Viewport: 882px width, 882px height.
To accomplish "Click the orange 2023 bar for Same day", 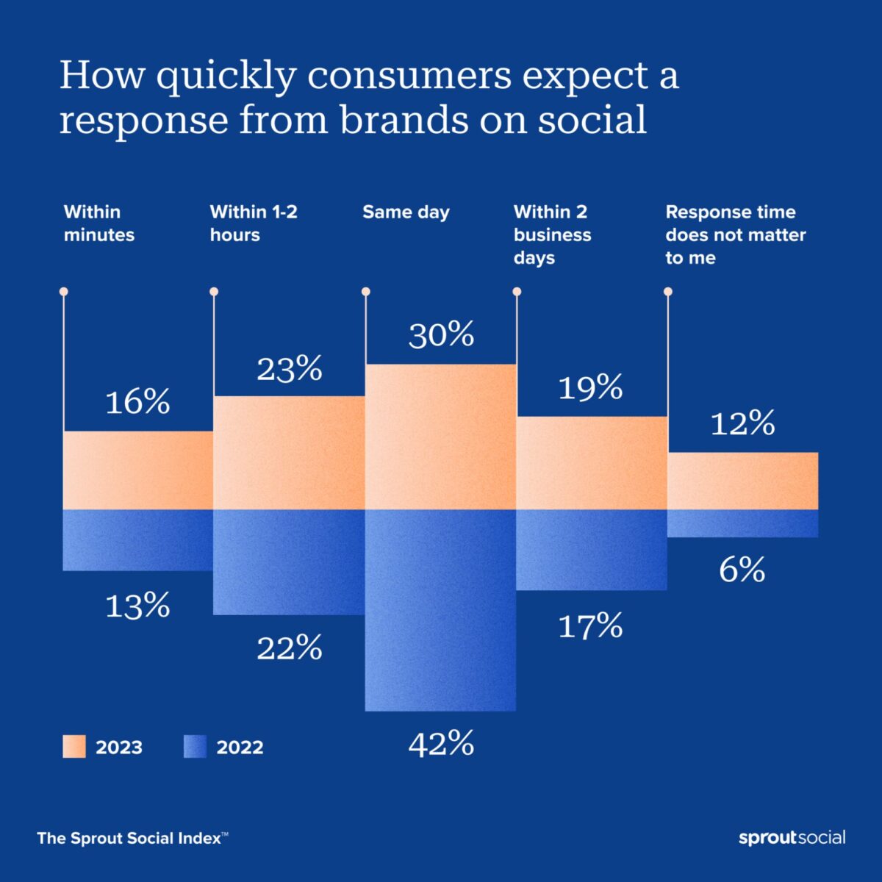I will pos(440,437).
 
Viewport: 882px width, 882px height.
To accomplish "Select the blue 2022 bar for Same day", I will pos(440,610).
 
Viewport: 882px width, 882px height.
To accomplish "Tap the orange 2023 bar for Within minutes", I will pos(137,470).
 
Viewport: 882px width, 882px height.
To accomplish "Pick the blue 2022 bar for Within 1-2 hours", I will pos(289,562).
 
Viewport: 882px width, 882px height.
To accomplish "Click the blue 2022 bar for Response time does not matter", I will pos(742,523).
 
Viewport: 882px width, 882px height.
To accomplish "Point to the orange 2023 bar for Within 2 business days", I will pos(592,463).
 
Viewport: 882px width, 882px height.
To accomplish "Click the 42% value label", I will pos(441,744).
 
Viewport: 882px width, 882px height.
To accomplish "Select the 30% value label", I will pos(441,335).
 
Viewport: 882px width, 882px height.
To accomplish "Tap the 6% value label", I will pos(742,570).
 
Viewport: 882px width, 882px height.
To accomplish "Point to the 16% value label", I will pos(137,402).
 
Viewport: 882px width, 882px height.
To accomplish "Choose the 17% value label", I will pos(590,626).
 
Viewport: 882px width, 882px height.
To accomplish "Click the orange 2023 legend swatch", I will pos(74,747).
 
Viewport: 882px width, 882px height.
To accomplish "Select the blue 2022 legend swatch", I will pos(195,747).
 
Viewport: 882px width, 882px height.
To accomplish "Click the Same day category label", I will pos(406,212).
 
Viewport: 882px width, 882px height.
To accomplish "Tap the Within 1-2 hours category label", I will pos(254,223).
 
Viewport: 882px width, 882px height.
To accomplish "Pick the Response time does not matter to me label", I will pos(735,234).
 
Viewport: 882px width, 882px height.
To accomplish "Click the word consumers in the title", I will pos(409,76).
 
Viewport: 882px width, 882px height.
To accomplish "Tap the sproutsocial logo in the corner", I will pos(792,838).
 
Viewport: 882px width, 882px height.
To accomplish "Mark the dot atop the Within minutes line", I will pos(63,292).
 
